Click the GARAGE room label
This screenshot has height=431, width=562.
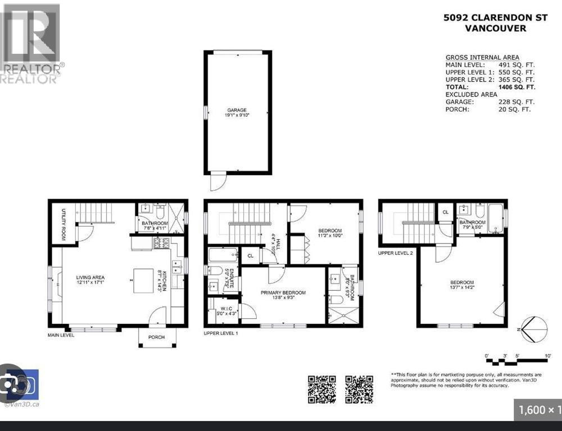[237, 110]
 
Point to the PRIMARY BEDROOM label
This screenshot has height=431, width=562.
[283, 293]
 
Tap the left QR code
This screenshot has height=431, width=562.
[321, 389]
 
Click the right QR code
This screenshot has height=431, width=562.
[359, 389]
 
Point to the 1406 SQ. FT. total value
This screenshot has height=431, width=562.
[516, 88]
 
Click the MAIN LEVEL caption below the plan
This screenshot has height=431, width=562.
[61, 334]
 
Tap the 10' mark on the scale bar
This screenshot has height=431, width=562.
[547, 355]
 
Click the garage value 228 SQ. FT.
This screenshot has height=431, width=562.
[516, 102]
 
